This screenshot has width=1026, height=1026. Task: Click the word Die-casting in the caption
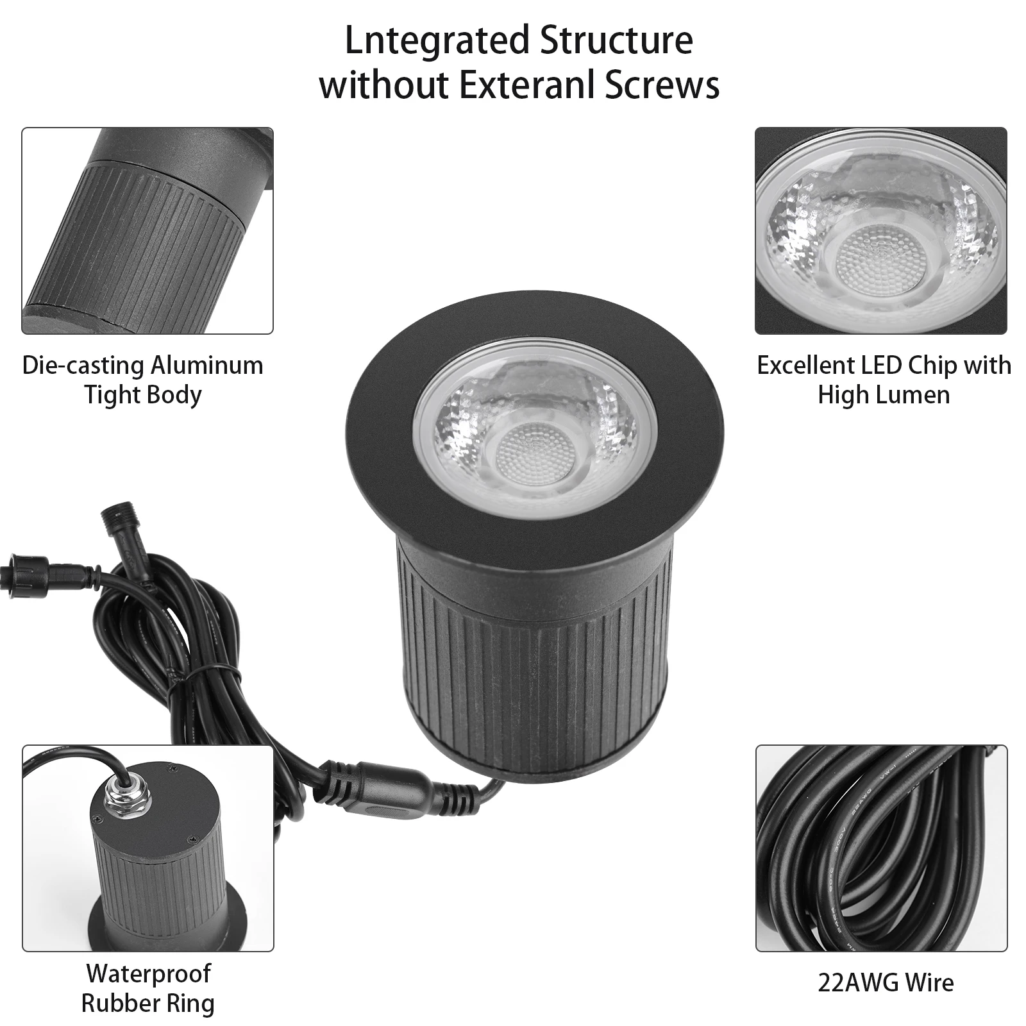83,366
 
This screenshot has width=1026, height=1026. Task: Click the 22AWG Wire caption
886,983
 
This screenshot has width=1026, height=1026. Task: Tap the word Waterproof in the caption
148,973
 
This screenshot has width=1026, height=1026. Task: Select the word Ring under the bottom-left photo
190,1003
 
